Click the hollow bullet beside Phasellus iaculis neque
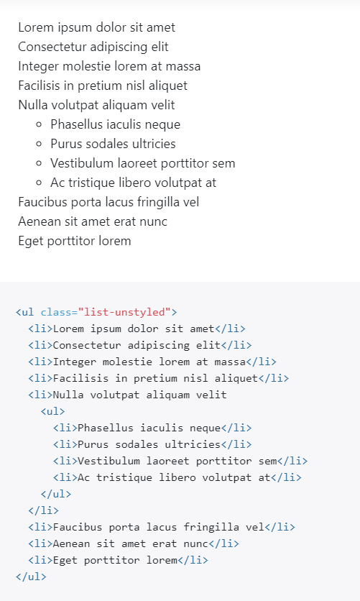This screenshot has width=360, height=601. click(x=38, y=124)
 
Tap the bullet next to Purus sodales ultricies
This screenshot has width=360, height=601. click(x=38, y=144)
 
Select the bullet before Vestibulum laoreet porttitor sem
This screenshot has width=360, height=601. click(x=38, y=164)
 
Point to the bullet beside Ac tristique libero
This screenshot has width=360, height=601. click(x=38, y=183)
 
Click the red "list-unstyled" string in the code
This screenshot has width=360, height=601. click(x=124, y=312)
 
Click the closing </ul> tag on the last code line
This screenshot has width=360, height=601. click(x=31, y=577)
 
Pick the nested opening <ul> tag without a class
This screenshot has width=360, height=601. click(x=53, y=411)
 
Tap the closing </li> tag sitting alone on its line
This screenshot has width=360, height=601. click(x=43, y=510)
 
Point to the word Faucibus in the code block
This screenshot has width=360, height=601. click(x=78, y=527)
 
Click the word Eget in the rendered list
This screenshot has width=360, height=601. click(x=31, y=242)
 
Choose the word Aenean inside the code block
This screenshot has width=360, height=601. click(x=72, y=543)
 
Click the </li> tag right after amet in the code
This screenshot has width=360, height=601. click(x=230, y=329)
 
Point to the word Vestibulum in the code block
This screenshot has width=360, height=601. click(x=109, y=461)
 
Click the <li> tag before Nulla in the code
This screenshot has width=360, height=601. click(x=40, y=395)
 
